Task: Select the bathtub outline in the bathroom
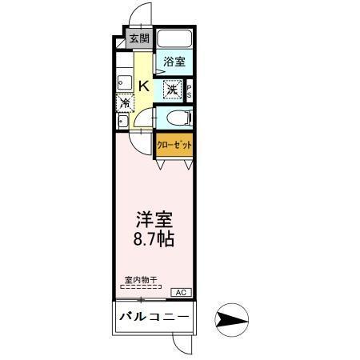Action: point(174,39)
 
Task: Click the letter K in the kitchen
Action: point(143,86)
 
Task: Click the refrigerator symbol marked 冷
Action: point(125,102)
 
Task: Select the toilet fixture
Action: point(178,119)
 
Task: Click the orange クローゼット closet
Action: point(174,147)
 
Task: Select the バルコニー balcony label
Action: point(154,317)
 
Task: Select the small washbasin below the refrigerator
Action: point(122,121)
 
